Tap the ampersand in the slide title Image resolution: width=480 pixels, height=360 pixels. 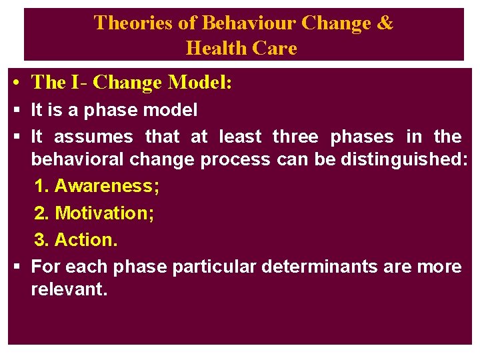pos(385,23)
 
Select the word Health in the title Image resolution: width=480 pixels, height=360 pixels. pos(213,48)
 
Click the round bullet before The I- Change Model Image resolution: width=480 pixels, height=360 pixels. pos(15,83)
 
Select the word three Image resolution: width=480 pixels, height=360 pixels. pos(295,137)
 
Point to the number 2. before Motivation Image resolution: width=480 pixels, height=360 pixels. pos(41,213)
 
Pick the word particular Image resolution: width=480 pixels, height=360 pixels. pos(214,267)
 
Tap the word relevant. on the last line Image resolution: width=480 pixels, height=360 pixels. pos(69,290)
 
